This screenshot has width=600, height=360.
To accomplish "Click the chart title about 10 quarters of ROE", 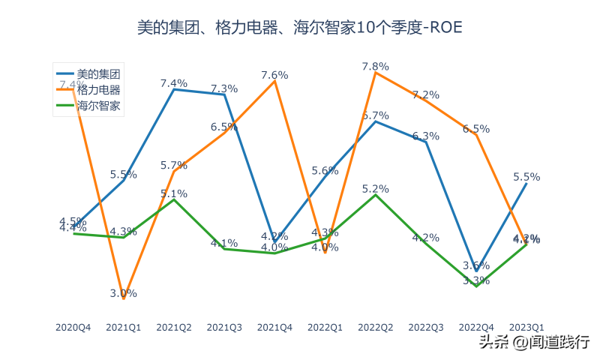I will [300, 28].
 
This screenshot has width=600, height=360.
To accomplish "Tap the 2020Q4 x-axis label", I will [73, 327].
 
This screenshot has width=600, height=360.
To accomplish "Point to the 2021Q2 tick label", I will [174, 327].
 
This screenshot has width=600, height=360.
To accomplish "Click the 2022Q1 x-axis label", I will [325, 327].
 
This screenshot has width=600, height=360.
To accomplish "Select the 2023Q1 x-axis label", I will [526, 327].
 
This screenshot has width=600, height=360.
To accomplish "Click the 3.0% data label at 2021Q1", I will [123, 293].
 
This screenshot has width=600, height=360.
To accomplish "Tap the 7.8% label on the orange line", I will [375, 66].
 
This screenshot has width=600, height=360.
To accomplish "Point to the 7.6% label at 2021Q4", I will [274, 75].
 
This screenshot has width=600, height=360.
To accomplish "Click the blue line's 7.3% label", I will [223, 88].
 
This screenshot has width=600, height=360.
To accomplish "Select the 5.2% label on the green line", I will [375, 189].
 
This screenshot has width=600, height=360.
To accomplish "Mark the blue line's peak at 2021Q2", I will [174, 89].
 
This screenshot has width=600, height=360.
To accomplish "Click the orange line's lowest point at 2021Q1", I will [124, 299].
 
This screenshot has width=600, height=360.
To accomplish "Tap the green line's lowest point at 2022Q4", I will [476, 286].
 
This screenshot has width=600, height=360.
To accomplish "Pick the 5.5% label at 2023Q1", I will [526, 177].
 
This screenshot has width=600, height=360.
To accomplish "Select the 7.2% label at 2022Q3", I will [425, 95].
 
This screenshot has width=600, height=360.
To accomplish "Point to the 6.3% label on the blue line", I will [425, 136].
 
